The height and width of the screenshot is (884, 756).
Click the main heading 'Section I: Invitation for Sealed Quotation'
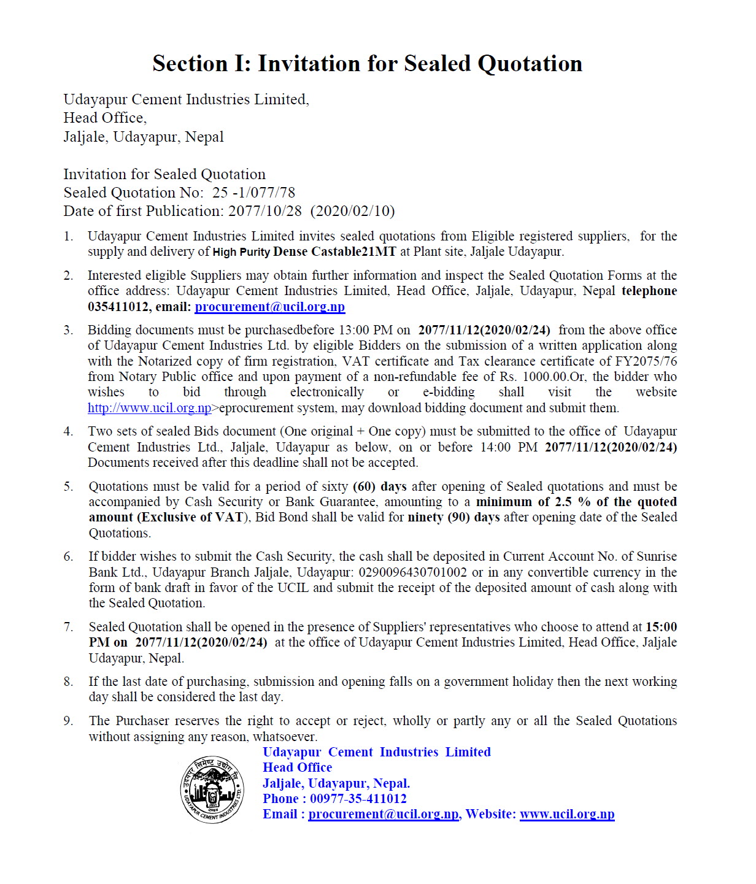coord(367,64)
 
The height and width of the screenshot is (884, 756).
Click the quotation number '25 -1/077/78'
coord(253,193)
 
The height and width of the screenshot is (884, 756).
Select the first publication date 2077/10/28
coord(265,211)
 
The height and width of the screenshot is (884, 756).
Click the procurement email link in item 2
coord(269,307)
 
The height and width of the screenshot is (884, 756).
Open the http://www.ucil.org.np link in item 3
coord(149,408)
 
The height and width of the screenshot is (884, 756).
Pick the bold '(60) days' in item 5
coord(380,486)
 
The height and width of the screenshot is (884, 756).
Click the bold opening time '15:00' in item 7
coord(661,627)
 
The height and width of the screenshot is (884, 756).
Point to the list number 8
coord(68,682)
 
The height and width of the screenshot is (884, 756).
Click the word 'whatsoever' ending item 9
coord(285,737)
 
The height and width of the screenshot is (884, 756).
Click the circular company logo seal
coord(212,790)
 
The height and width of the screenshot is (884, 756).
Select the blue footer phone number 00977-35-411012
coord(358,799)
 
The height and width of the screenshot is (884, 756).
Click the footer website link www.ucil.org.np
coord(566,814)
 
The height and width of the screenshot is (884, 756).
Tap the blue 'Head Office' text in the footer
coord(297,767)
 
